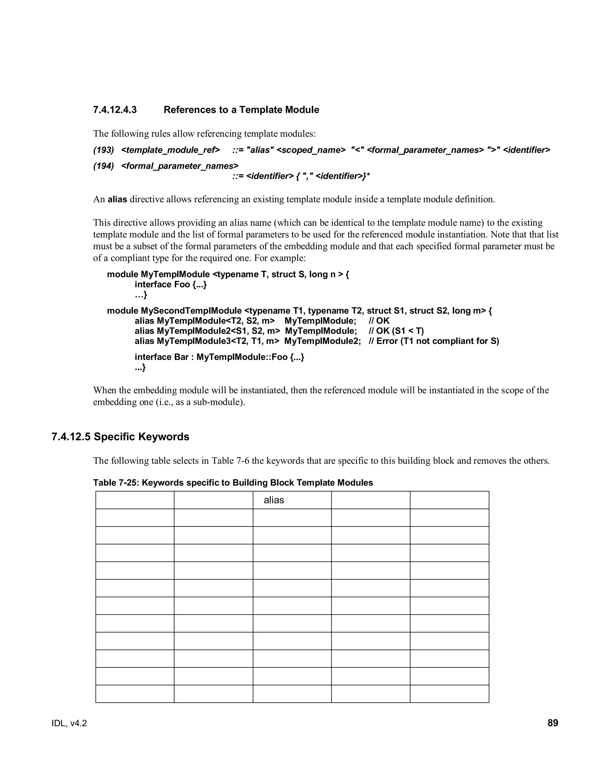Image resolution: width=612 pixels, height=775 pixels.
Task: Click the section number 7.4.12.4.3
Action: click(x=115, y=110)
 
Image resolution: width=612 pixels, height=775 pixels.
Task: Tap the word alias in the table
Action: click(x=274, y=500)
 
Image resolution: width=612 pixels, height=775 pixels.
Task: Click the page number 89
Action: click(x=553, y=723)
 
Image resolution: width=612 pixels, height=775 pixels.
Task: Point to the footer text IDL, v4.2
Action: click(x=69, y=723)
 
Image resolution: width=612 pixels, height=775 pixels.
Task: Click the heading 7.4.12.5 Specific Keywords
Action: click(x=120, y=437)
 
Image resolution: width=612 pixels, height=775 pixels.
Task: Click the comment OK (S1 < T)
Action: click(x=396, y=331)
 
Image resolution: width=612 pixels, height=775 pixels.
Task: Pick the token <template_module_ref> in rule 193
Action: click(x=171, y=150)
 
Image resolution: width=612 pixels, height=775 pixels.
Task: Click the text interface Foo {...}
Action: click(x=171, y=284)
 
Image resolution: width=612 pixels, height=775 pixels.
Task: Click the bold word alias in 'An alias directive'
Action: click(x=117, y=199)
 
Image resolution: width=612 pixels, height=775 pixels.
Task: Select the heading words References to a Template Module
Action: click(x=241, y=110)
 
